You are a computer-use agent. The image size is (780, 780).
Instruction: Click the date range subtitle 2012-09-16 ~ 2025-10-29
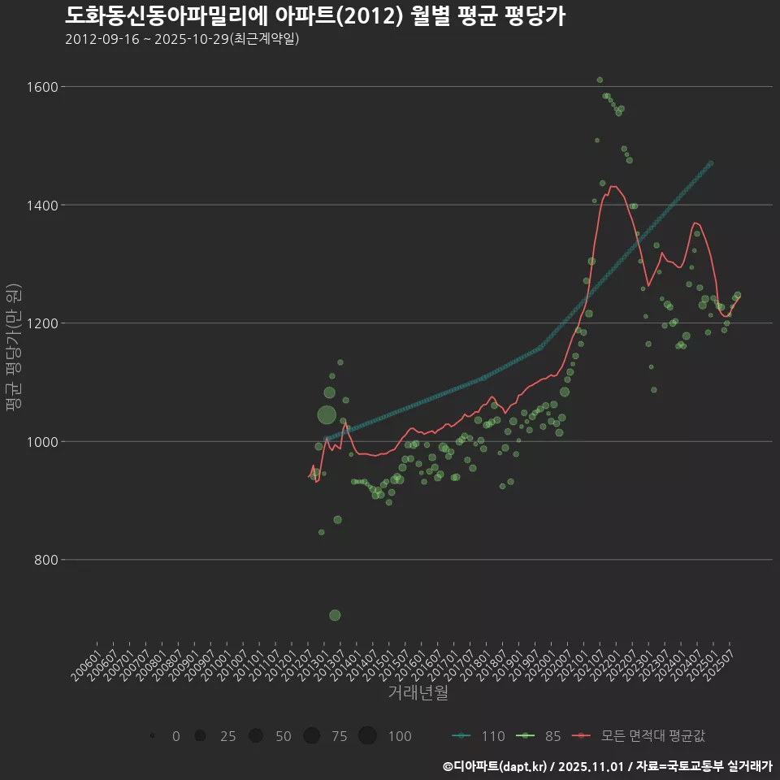click(x=182, y=39)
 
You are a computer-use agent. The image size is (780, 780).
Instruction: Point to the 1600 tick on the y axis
click(x=40, y=87)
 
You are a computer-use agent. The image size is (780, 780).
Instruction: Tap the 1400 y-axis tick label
click(x=40, y=205)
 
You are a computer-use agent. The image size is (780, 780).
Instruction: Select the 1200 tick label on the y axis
click(x=40, y=323)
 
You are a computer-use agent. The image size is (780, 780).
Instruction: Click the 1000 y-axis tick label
click(x=40, y=442)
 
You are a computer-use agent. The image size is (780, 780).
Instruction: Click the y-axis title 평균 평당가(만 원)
click(x=13, y=349)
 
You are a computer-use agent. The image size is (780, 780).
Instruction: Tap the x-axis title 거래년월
click(x=418, y=693)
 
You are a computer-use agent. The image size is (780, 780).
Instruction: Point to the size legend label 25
click(x=227, y=736)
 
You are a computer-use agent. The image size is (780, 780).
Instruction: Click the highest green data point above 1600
click(x=600, y=80)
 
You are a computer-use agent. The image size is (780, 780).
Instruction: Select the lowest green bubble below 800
click(x=335, y=615)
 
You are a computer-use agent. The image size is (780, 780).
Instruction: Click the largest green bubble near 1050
click(x=327, y=415)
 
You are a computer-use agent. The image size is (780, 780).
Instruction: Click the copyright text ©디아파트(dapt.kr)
click(x=496, y=765)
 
